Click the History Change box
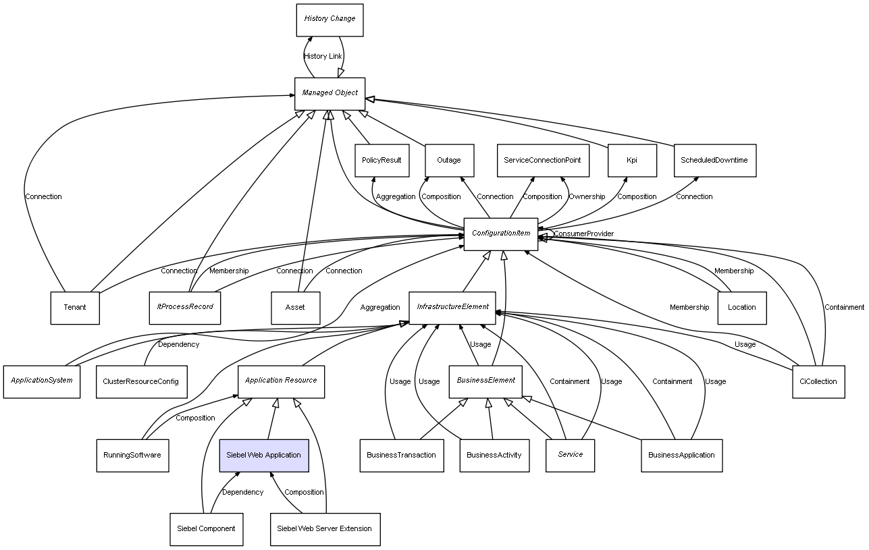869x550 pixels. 330,20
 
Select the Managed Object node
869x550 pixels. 330,93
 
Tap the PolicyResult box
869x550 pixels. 381,161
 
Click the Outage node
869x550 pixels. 449,161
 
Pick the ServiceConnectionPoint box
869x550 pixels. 542,161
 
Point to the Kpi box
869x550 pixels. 631,161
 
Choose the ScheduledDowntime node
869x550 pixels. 714,161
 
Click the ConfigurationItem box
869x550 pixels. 500,234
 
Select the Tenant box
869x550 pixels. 75,308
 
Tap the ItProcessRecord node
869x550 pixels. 184,308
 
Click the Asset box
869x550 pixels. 295,308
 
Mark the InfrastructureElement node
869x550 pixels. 452,308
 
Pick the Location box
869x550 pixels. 741,308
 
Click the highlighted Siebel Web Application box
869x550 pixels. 264,456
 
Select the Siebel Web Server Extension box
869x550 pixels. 325,529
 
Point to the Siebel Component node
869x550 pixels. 206,529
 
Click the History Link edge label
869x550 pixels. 323,56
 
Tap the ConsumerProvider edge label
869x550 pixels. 583,234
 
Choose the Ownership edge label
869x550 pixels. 587,197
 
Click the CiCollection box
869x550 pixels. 818,382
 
